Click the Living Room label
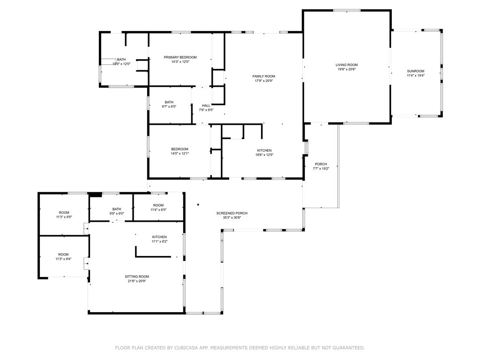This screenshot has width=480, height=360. (346, 65)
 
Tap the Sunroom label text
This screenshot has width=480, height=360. (415, 71)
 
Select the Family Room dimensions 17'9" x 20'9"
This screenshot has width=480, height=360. (263, 81)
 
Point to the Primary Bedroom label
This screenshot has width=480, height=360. (180, 57)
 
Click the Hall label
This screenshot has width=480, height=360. (206, 105)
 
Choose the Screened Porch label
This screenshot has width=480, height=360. (232, 213)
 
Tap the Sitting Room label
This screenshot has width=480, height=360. (137, 277)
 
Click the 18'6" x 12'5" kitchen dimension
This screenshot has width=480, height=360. (264, 155)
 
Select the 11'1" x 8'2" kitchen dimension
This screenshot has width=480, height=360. (159, 241)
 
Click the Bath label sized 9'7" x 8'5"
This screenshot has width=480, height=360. (169, 102)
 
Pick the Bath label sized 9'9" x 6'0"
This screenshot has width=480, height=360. (117, 209)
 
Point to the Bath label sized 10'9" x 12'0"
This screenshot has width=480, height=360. (121, 60)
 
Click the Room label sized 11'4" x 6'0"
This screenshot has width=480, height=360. (158, 205)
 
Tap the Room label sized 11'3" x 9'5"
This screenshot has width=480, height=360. (64, 212)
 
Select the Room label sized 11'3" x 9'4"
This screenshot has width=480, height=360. (63, 255)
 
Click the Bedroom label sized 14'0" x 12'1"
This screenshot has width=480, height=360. (180, 149)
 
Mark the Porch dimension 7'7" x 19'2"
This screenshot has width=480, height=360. (321, 168)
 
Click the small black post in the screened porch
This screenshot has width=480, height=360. (198, 204)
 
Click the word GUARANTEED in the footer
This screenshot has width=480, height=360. (348, 348)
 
